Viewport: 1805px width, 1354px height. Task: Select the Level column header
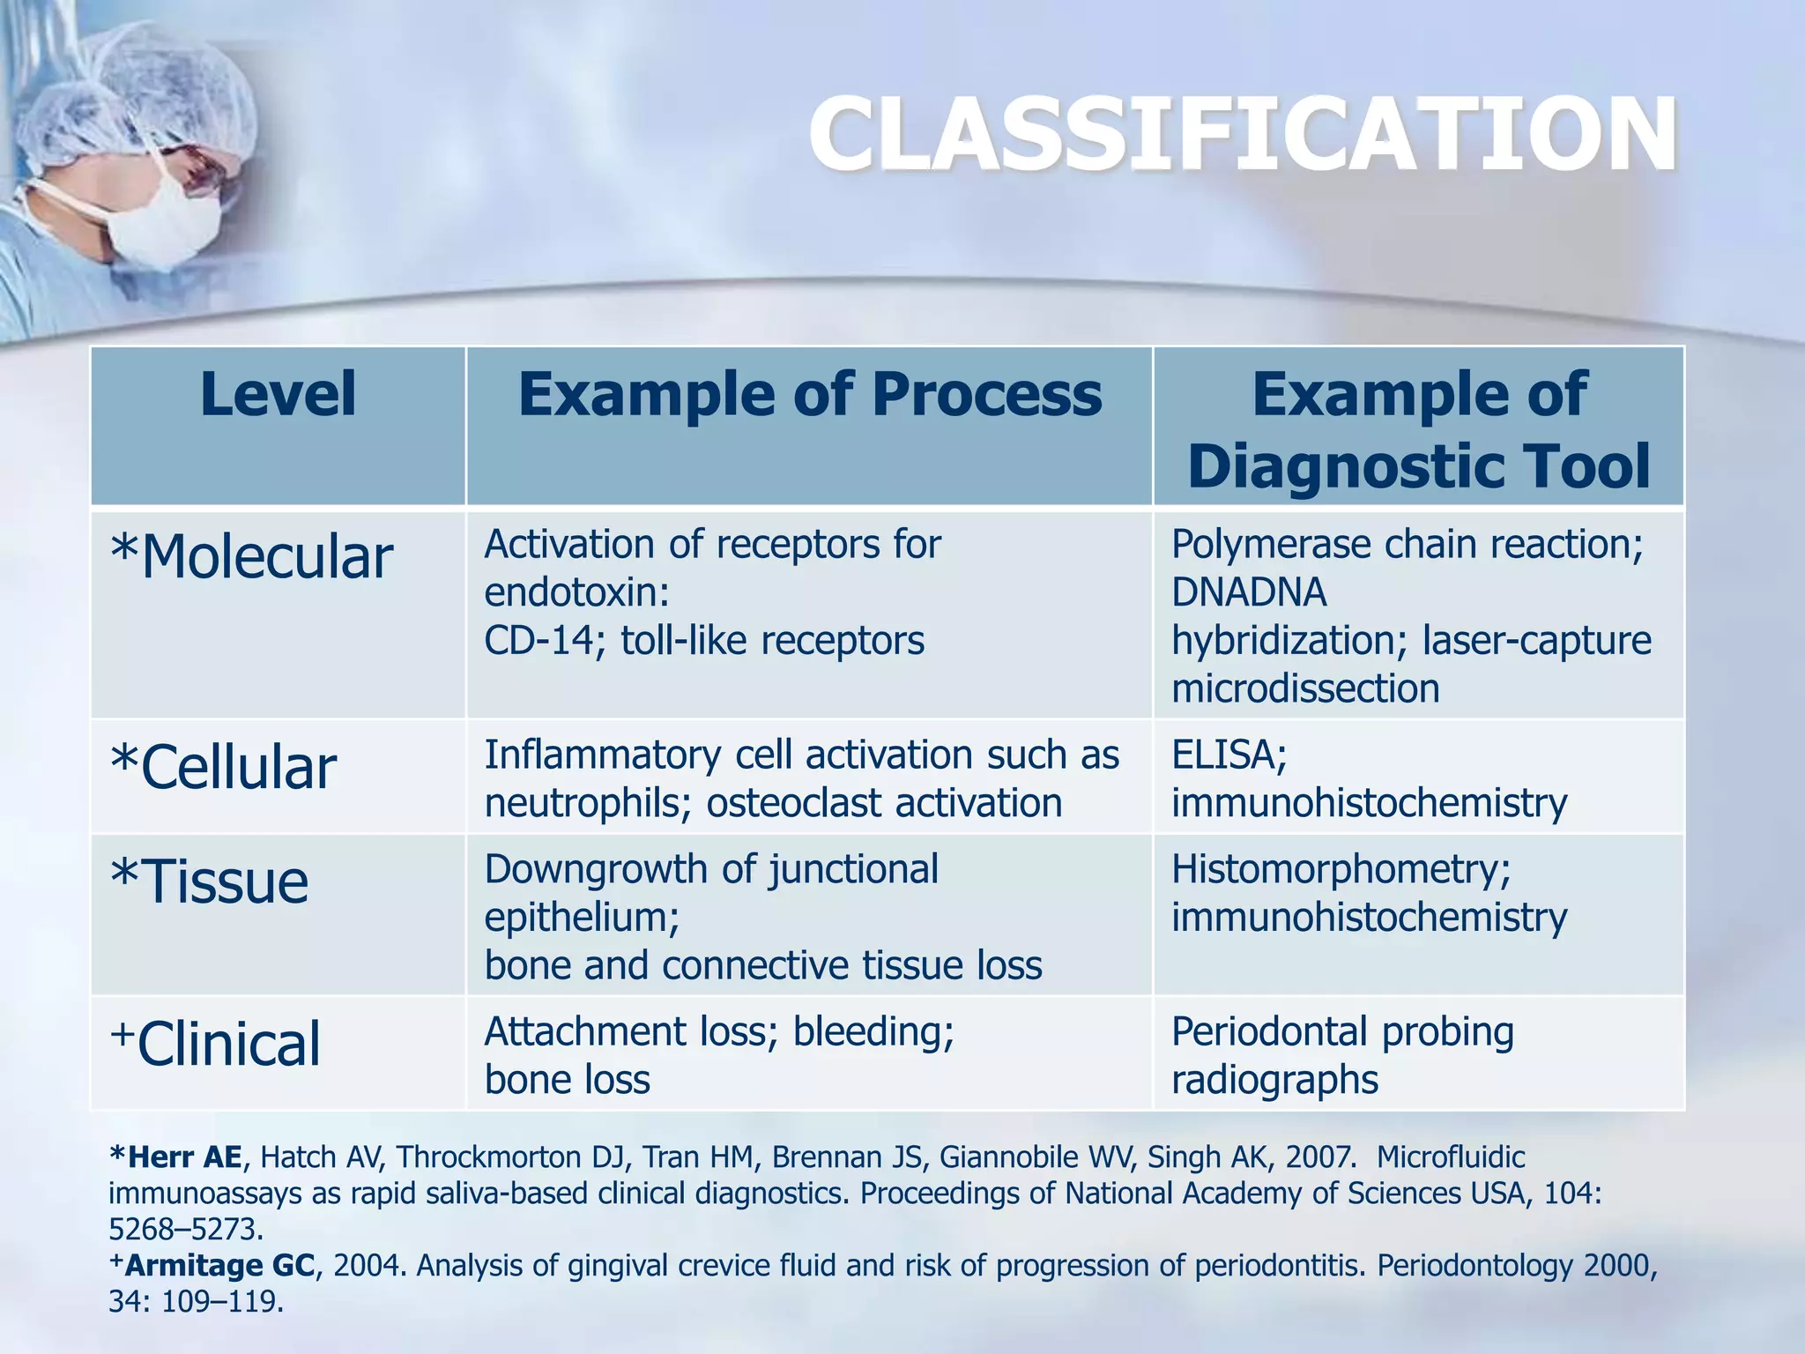(x=278, y=394)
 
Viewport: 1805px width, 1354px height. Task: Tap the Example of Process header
(x=809, y=394)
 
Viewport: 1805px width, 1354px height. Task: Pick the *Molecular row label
(x=251, y=558)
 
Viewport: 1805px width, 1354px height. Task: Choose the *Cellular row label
(x=223, y=767)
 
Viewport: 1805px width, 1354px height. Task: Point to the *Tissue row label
(x=209, y=882)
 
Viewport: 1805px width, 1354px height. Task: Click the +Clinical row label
(x=216, y=1044)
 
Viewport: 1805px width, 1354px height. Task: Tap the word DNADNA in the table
(x=1248, y=592)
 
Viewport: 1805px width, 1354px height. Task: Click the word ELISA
(x=1227, y=755)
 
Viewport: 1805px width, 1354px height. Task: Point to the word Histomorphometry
(x=1339, y=870)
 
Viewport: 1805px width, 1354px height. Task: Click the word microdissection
(x=1305, y=688)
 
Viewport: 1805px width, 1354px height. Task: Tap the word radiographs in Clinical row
(x=1274, y=1080)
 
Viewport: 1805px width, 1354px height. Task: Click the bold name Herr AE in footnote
(x=182, y=1157)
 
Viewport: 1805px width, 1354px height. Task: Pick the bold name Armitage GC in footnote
(x=219, y=1266)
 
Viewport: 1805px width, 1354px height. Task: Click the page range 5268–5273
(x=185, y=1229)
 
